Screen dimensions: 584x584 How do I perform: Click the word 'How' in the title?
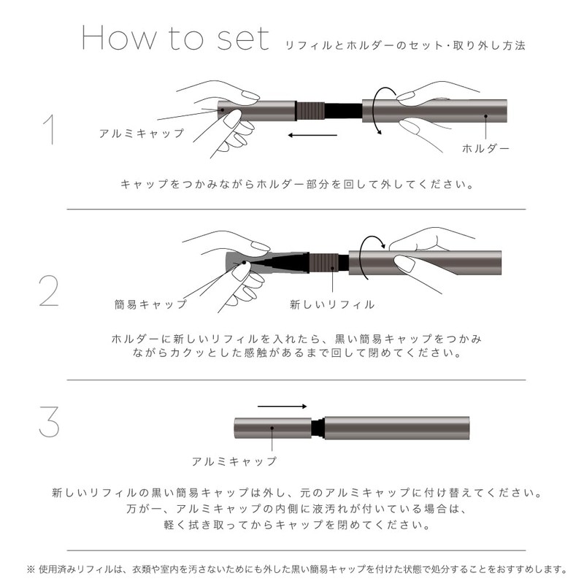[x=119, y=38]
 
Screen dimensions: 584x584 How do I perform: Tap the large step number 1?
[x=49, y=129]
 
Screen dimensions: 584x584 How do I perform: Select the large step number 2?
[x=49, y=291]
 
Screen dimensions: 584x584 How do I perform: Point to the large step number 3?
[x=49, y=422]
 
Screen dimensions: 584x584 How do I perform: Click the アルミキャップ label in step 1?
[x=142, y=134]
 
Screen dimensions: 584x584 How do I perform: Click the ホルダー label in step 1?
[x=485, y=149]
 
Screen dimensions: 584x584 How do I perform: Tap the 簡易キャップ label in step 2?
[x=150, y=304]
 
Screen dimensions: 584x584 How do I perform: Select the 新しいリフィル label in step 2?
[x=332, y=304]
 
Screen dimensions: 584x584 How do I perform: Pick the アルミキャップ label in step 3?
[x=234, y=461]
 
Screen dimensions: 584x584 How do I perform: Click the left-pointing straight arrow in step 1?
[x=312, y=135]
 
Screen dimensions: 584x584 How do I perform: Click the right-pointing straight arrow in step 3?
[x=282, y=407]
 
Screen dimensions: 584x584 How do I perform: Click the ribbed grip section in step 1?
[x=310, y=111]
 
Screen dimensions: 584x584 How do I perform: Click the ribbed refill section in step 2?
[x=323, y=264]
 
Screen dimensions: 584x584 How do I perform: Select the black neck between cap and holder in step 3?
[x=318, y=429]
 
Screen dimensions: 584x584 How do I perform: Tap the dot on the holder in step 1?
[x=485, y=116]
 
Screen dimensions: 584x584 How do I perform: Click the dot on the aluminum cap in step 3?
[x=272, y=429]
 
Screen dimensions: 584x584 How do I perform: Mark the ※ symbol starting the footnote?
[x=31, y=569]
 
